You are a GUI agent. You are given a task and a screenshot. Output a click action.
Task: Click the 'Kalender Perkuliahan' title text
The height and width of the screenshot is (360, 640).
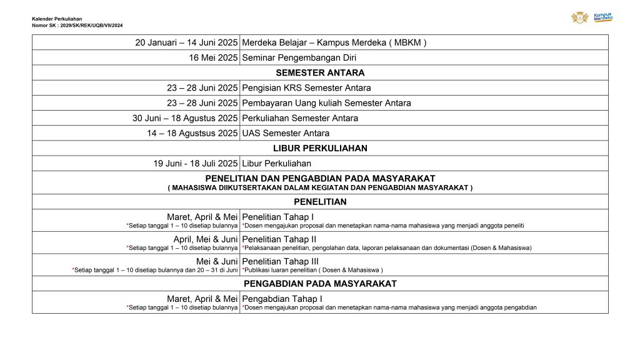(57, 19)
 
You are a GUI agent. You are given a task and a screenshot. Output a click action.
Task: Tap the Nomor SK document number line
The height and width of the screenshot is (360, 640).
(77, 25)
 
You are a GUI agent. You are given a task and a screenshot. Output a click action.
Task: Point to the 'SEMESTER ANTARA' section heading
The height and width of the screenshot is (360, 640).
(320, 72)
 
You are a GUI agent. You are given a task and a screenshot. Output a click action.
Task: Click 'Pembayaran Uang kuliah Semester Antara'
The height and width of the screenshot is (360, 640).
(326, 103)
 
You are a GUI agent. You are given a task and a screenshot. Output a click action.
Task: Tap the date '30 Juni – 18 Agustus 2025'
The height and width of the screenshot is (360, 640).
(185, 118)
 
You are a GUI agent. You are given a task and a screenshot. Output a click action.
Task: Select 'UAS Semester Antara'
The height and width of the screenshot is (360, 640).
(285, 133)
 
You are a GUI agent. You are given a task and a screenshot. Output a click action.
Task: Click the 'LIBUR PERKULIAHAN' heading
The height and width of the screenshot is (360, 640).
(320, 148)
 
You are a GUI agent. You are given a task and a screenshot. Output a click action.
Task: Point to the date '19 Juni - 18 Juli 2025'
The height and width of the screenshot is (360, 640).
(196, 164)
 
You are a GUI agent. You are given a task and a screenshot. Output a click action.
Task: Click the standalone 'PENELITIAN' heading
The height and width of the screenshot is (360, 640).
(320, 202)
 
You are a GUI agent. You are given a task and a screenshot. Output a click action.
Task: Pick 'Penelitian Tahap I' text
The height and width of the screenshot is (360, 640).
(277, 217)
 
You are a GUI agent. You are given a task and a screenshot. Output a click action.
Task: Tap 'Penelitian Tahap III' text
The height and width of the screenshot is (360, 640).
(280, 261)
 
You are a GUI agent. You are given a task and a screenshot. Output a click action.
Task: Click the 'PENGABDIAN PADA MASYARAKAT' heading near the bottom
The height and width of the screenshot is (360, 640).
(320, 284)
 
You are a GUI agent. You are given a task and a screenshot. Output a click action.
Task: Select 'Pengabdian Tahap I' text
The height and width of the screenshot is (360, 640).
(282, 299)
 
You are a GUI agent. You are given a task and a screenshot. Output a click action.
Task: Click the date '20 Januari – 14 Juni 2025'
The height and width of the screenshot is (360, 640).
(186, 42)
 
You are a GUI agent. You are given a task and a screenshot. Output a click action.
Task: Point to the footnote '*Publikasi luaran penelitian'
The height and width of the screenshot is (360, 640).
(312, 270)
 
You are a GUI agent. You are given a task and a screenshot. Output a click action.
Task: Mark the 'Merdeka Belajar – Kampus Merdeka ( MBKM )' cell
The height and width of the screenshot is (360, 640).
(334, 42)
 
